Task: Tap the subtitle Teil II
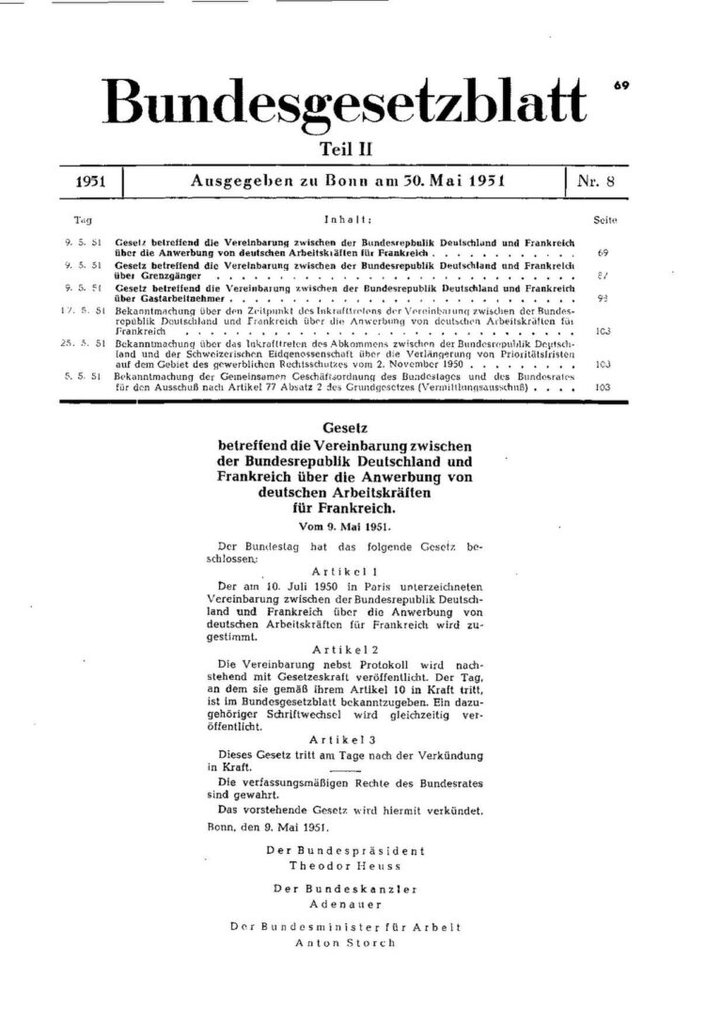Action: coord(344,148)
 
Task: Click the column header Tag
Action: coord(82,219)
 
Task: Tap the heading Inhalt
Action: coord(346,219)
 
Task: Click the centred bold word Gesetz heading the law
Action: coord(344,428)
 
